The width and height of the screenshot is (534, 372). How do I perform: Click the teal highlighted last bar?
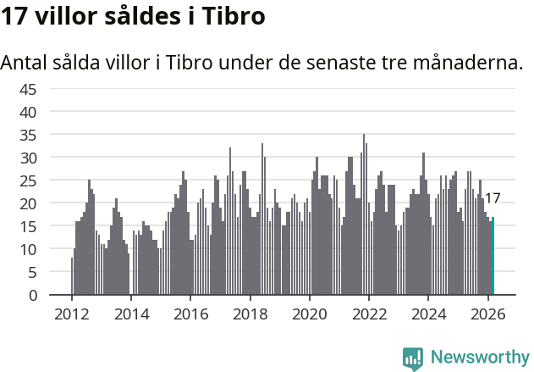493,256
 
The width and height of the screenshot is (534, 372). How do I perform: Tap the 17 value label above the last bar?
492,198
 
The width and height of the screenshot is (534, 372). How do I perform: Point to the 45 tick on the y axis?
28,89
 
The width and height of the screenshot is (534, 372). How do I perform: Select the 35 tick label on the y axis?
28,135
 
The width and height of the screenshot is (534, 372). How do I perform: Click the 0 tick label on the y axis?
33,296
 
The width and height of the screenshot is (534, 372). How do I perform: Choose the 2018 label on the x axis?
250,313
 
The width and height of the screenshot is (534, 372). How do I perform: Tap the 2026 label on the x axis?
487,313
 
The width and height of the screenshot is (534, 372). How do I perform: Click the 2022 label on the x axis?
369,313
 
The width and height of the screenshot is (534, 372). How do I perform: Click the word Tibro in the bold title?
234,16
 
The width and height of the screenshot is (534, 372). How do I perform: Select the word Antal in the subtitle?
23,63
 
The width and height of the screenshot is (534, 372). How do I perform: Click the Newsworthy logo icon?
413,358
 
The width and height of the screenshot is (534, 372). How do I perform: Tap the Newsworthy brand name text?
479,358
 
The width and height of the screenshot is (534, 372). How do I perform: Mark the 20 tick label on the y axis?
28,203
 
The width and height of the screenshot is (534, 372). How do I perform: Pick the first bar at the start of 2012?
72,276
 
